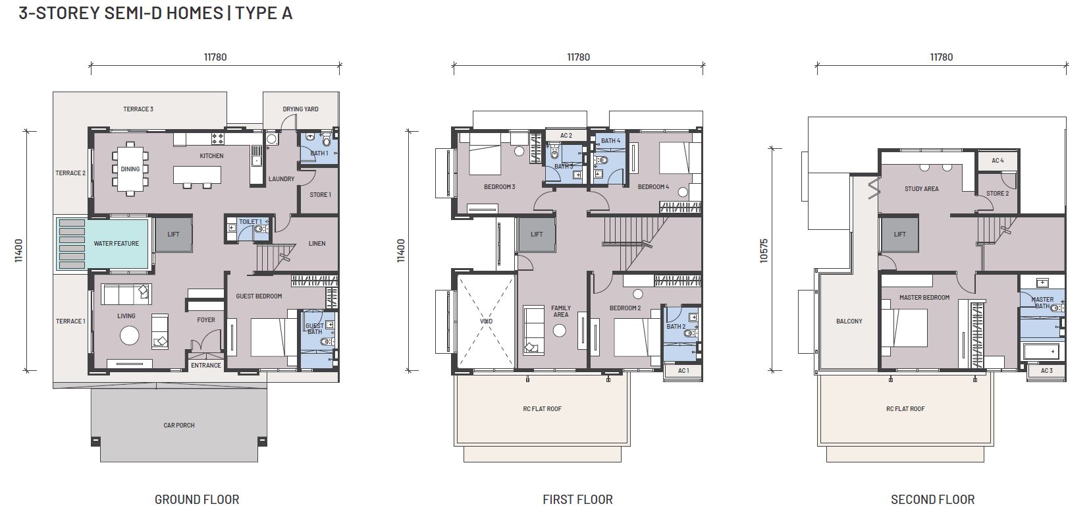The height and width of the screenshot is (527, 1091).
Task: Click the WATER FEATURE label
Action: point(116,243)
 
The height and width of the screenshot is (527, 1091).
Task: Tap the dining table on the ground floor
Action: point(130,169)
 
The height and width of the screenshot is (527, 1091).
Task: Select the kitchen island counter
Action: point(197,175)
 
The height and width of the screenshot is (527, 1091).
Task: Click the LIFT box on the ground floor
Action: point(173,235)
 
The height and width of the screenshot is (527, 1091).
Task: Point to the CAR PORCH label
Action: point(178,425)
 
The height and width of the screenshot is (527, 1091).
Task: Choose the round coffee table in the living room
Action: point(130,335)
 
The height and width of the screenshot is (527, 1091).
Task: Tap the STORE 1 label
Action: point(320,194)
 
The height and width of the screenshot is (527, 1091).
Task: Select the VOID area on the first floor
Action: point(486,321)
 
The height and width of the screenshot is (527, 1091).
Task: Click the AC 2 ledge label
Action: point(566,136)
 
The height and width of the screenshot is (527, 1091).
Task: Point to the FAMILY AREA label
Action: point(560,311)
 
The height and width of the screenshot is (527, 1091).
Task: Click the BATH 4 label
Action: point(611,141)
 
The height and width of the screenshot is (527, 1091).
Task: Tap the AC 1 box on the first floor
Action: point(683,371)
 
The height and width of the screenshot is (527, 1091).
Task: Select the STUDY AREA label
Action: point(922,188)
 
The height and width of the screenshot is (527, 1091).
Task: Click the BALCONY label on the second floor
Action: point(849,321)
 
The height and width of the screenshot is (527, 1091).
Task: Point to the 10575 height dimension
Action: point(764,250)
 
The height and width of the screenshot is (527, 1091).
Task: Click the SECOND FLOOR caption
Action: point(933,500)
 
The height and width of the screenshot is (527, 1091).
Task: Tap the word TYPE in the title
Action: point(256,13)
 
